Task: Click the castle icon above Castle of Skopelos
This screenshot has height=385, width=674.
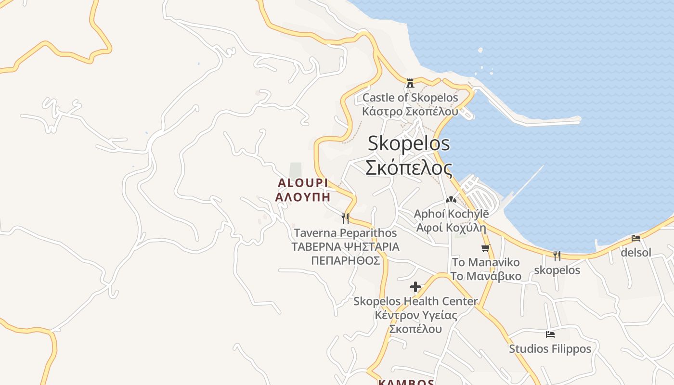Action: pyautogui.click(x=410, y=83)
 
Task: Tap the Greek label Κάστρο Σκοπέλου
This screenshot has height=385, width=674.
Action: pyautogui.click(x=410, y=111)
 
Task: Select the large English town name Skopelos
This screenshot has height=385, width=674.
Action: pyautogui.click(x=409, y=143)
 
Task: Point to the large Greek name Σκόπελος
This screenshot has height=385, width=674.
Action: pyautogui.click(x=409, y=168)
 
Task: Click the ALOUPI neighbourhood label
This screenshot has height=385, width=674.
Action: pyautogui.click(x=303, y=183)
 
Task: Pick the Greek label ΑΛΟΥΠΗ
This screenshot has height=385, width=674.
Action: pyautogui.click(x=303, y=197)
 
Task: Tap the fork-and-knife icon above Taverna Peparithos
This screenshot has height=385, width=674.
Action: pyautogui.click(x=345, y=218)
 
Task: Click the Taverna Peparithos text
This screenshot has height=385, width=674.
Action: pyautogui.click(x=345, y=233)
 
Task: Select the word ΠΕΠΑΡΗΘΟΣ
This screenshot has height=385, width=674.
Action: pyautogui.click(x=345, y=261)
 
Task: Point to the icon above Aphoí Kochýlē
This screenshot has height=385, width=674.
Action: pyautogui.click(x=451, y=199)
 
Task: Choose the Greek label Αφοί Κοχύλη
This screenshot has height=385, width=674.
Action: pyautogui.click(x=451, y=228)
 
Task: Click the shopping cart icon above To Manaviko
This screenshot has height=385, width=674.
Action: pyautogui.click(x=486, y=248)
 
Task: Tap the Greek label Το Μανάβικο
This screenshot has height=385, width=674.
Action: pyautogui.click(x=486, y=276)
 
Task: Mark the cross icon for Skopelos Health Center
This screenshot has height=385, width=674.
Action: pyautogui.click(x=415, y=287)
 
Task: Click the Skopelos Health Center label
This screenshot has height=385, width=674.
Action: pyautogui.click(x=415, y=301)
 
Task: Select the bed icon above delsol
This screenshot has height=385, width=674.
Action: pyautogui.click(x=636, y=238)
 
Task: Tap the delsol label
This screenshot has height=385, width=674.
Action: pyautogui.click(x=636, y=252)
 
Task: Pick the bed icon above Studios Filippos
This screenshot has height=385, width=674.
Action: pyautogui.click(x=550, y=334)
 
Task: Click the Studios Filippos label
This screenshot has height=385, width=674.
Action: pyautogui.click(x=550, y=348)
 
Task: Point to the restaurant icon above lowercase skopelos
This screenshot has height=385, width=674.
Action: pyautogui.click(x=557, y=256)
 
